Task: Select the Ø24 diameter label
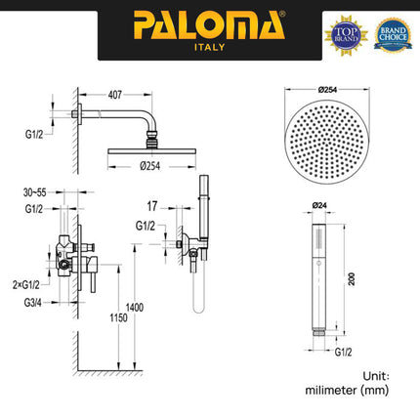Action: point(318,205)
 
